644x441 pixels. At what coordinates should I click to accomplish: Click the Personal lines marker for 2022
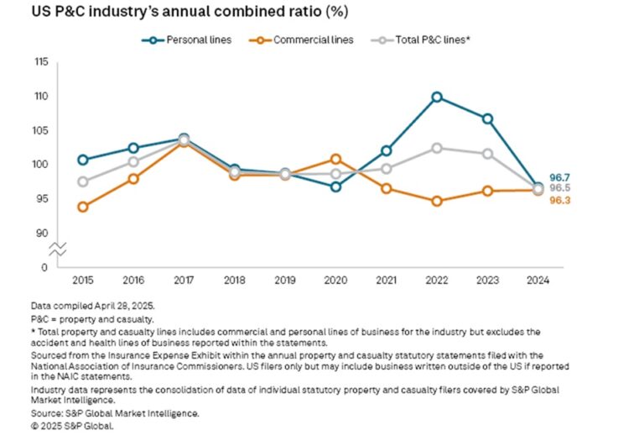point(437,97)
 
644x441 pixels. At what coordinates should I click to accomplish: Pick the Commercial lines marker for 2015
point(82,207)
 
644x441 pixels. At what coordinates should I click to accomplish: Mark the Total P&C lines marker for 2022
point(437,148)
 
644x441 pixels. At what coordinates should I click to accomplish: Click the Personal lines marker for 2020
point(335,186)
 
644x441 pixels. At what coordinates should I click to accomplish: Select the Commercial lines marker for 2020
point(335,159)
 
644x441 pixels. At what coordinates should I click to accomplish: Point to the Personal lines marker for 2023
point(487,118)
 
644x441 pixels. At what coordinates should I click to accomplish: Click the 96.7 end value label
point(559,177)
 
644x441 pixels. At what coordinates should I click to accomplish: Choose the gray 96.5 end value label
point(559,189)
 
